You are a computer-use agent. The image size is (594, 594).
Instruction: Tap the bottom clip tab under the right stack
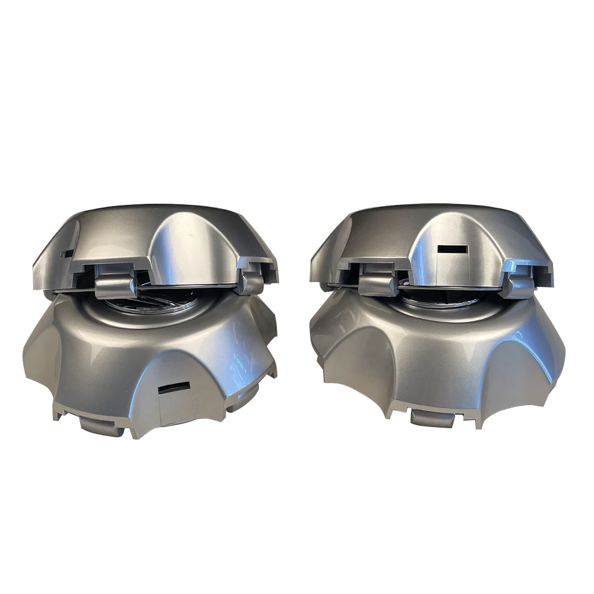pyautogui.click(x=432, y=418)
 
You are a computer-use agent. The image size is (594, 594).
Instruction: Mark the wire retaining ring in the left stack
pyautogui.click(x=166, y=291)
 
